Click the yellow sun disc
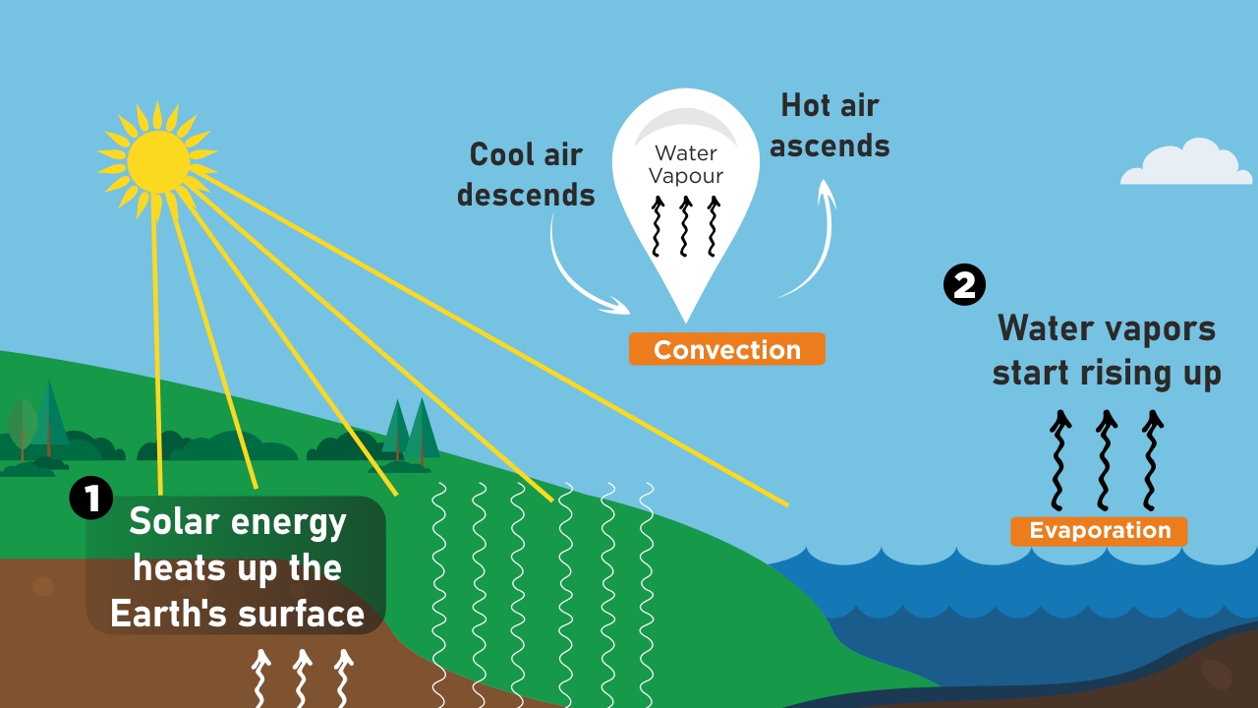[157, 161]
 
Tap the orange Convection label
[726, 349]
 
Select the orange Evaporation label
[1099, 531]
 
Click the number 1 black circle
[91, 499]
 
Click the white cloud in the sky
[1187, 165]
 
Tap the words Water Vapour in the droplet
[688, 164]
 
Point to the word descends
[526, 195]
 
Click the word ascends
[829, 146]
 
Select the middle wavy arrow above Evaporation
[1106, 457]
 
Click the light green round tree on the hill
[22, 425]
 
